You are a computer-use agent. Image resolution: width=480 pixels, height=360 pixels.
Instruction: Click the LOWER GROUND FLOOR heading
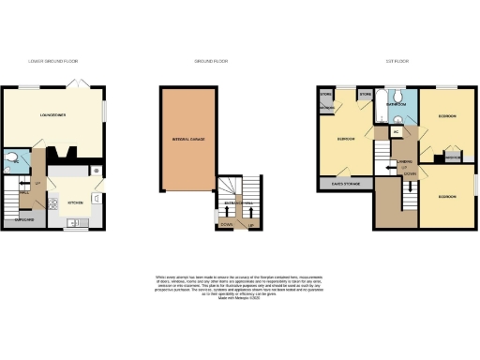(54, 62)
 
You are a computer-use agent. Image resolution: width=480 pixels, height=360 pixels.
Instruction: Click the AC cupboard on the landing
(397, 132)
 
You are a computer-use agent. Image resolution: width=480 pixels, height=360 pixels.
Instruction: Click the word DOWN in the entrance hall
(227, 225)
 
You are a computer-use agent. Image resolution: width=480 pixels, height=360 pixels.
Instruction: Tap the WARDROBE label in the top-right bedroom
(451, 157)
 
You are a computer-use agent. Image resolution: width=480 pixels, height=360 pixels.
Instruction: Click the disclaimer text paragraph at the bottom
(239, 285)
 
